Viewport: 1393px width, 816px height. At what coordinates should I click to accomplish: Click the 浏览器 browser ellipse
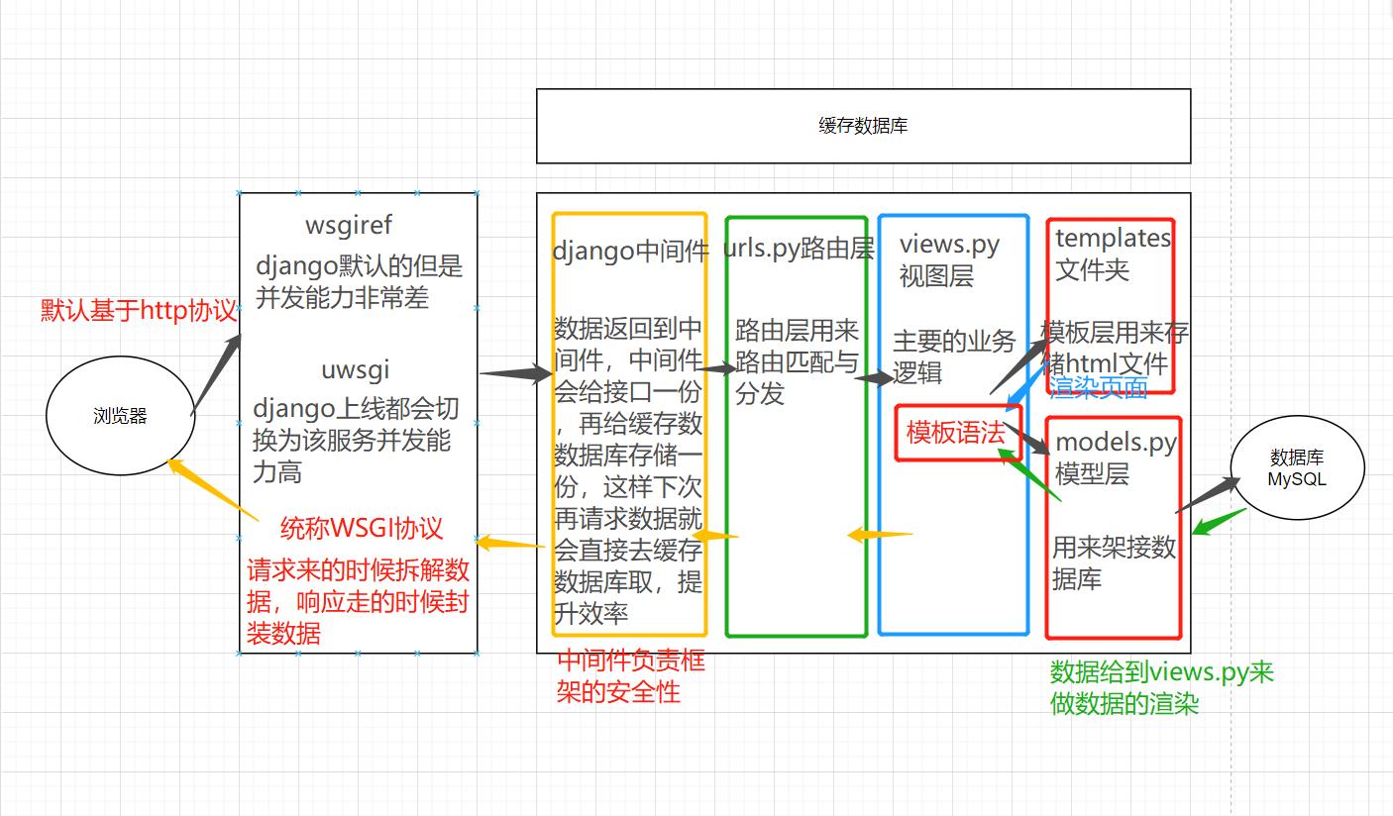click(120, 416)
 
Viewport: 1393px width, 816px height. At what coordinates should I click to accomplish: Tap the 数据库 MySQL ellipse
click(1297, 468)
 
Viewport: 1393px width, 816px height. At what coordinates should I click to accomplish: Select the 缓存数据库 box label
click(863, 126)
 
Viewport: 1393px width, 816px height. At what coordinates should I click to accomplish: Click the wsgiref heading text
click(349, 226)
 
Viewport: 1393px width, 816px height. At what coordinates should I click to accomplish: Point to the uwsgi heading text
click(355, 370)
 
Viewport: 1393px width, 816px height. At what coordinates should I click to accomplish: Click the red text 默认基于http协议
click(139, 310)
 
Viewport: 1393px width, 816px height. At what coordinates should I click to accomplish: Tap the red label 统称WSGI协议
click(362, 528)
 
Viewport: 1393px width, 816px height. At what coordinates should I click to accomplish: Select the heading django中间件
click(630, 252)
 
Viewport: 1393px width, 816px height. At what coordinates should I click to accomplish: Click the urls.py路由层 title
click(799, 250)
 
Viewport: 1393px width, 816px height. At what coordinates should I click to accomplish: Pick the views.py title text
click(949, 245)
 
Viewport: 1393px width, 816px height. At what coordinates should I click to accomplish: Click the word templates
click(1112, 238)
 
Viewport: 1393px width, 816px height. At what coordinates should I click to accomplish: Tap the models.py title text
click(1116, 443)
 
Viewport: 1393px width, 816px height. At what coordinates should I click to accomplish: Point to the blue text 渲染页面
click(1098, 387)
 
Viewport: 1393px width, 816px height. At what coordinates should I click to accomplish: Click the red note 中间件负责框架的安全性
click(631, 675)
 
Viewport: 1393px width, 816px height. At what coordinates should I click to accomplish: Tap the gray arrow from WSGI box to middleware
click(514, 373)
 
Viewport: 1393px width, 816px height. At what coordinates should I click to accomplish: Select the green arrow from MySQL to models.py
click(1218, 521)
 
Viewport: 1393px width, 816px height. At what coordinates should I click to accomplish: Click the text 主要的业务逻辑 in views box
click(954, 357)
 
